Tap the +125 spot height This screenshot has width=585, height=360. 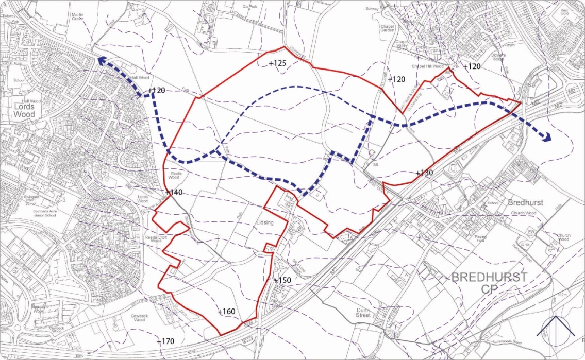(277, 63)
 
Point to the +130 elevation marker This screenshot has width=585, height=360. (424, 173)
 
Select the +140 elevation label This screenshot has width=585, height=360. (174, 193)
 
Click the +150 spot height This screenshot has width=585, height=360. (282, 280)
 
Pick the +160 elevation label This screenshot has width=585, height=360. (226, 312)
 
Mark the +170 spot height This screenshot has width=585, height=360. (165, 341)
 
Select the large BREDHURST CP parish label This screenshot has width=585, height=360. (489, 283)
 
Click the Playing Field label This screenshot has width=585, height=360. (480, 238)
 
